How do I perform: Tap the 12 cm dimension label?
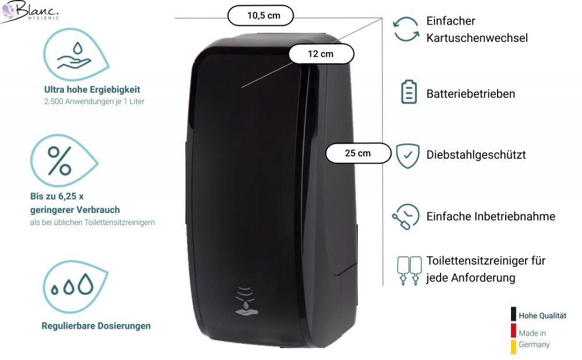point(321,54)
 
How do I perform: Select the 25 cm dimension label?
point(358,153)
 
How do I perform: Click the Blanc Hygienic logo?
point(29,11)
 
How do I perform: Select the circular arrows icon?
point(406,29)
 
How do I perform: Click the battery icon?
point(409,92)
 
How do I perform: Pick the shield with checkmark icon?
point(407,155)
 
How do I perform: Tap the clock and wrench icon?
point(406,216)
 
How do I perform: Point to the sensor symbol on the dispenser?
point(246,301)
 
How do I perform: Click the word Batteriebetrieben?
point(470,94)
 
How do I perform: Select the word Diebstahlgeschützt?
point(476,155)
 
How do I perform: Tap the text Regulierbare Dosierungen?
point(96,326)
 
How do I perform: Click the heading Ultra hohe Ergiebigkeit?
point(92,90)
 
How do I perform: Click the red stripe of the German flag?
point(513,330)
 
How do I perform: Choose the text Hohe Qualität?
point(542,316)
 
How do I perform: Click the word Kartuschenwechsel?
point(477,38)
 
